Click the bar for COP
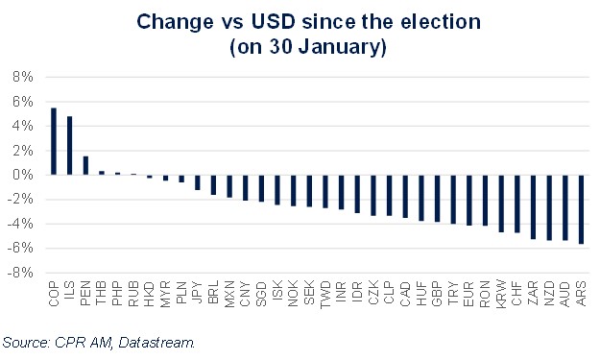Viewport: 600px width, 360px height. point(53,141)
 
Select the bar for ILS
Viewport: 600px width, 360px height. point(69,146)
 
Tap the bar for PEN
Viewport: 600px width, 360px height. point(85,165)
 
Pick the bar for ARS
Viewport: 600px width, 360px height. point(581,209)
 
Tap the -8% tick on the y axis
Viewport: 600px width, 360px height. point(22,273)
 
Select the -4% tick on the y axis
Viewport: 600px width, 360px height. point(22,224)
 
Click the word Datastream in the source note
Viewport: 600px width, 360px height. point(156,342)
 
